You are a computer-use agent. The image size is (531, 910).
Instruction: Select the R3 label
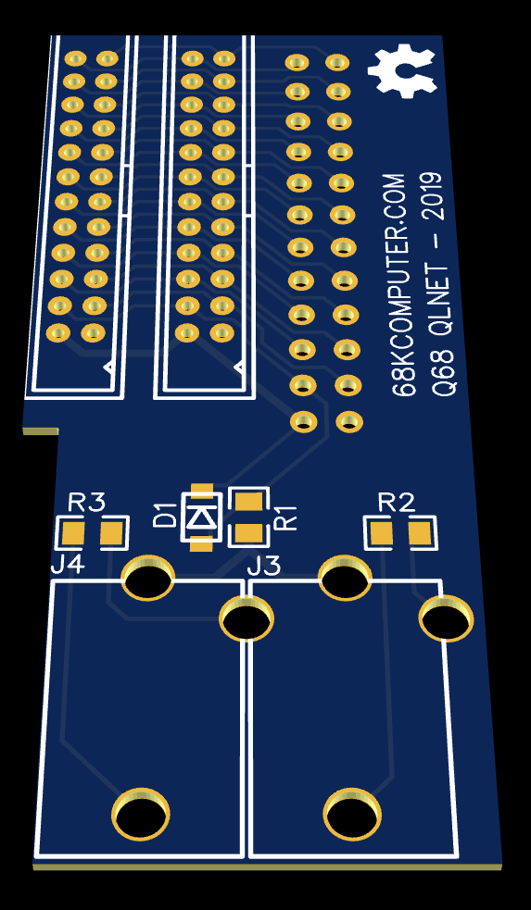(86, 502)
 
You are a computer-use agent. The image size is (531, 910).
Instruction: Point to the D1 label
(165, 515)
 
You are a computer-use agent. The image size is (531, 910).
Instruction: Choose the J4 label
(69, 564)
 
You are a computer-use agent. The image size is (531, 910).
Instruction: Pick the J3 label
(264, 566)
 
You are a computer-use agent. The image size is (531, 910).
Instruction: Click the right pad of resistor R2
(420, 533)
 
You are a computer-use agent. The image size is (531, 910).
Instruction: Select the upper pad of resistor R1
(249, 500)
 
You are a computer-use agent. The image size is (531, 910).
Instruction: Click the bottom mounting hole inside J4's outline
(141, 814)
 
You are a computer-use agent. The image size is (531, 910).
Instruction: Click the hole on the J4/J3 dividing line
(247, 618)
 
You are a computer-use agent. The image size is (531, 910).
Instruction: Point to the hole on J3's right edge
(446, 618)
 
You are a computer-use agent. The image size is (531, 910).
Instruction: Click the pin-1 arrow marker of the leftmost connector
(108, 367)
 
